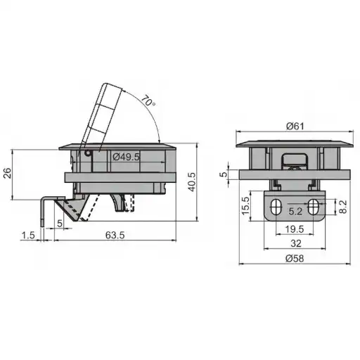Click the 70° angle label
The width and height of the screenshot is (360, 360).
point(148,101)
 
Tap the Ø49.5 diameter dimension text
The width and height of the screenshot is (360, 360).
point(126,157)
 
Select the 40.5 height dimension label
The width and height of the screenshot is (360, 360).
point(192,182)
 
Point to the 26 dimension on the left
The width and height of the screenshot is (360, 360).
point(8,173)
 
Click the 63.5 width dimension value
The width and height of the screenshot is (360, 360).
point(115,235)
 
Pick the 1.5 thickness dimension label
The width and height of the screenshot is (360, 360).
point(28,235)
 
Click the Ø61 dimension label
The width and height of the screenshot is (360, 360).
point(295,127)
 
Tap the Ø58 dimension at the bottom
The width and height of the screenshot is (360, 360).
point(295,258)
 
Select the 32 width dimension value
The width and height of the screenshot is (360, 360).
point(295,243)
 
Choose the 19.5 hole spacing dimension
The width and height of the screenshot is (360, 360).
point(295,229)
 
